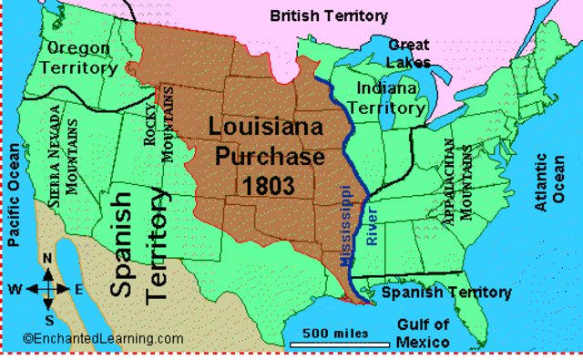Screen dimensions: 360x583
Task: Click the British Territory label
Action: click(x=329, y=15)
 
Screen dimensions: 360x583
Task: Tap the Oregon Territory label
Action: click(x=81, y=57)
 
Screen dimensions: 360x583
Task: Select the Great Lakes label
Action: click(x=409, y=54)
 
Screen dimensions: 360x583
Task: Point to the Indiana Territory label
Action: click(x=391, y=98)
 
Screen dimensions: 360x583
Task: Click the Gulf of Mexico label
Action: click(x=424, y=333)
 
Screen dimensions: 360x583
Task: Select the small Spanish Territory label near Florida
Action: click(x=445, y=293)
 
